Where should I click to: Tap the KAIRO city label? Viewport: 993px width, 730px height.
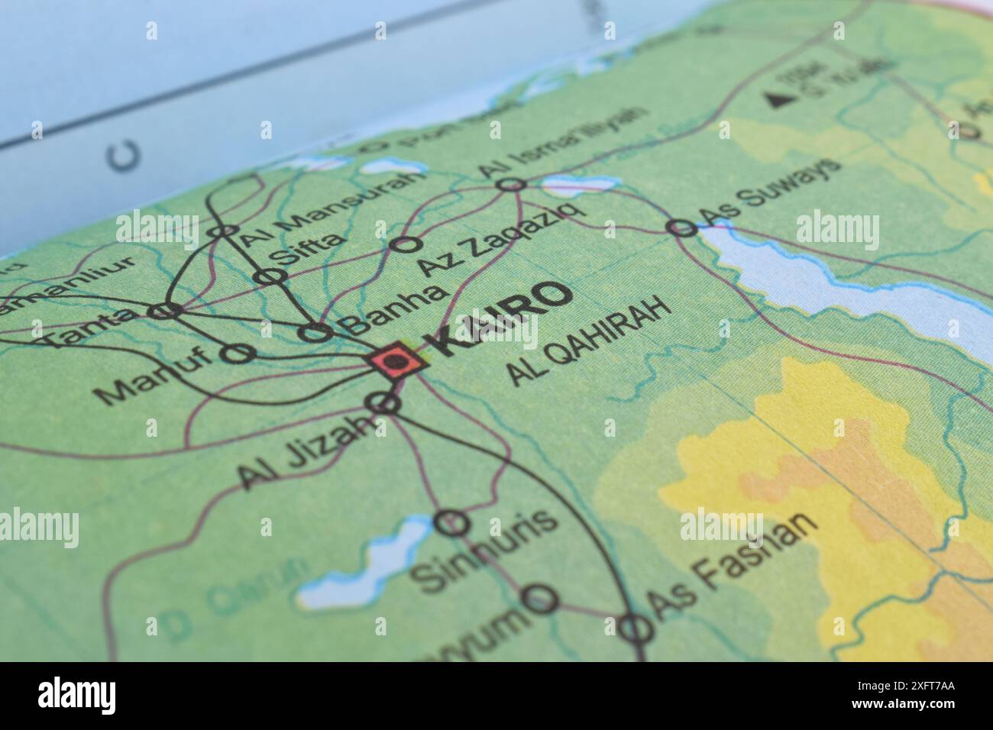500,319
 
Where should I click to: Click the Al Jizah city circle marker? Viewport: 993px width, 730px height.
383,402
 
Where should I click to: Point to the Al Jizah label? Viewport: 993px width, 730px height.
306,455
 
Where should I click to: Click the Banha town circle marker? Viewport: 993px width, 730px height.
315,332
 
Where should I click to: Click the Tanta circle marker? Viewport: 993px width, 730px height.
165,311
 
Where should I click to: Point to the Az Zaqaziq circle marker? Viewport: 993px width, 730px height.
406,244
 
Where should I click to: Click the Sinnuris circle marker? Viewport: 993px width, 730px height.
451,523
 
